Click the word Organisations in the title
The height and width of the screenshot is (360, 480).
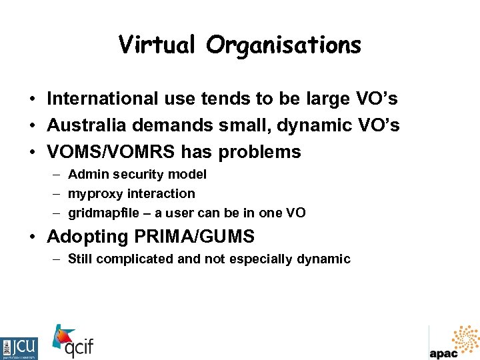tap(283, 45)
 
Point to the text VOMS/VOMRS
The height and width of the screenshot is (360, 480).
tap(111, 152)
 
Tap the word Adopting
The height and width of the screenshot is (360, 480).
tap(87, 237)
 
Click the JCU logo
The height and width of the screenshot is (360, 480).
tap(19, 348)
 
